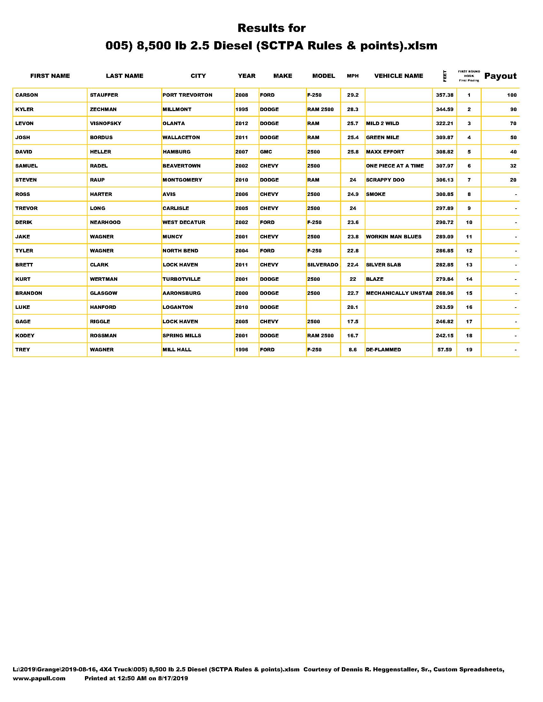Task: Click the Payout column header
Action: pyautogui.click(x=500, y=76)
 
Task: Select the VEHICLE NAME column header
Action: pyautogui.click(x=399, y=76)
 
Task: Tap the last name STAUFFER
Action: pyautogui.click(x=104, y=95)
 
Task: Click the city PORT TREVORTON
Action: pyautogui.click(x=187, y=95)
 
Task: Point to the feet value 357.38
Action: pyautogui.click(x=445, y=95)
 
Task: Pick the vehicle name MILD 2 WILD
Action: pyautogui.click(x=382, y=123)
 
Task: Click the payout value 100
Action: pyautogui.click(x=511, y=95)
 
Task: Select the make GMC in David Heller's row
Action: pyautogui.click(x=266, y=152)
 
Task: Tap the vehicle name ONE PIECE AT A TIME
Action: pyautogui.click(x=395, y=166)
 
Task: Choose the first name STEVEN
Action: pyautogui.click(x=26, y=180)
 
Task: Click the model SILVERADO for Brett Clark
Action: pyautogui.click(x=323, y=265)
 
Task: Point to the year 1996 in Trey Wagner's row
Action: pyautogui.click(x=241, y=350)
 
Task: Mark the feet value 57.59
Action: pyautogui.click(x=445, y=350)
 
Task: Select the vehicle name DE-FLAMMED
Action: pyautogui.click(x=383, y=350)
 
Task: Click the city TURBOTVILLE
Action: pyautogui.click(x=181, y=279)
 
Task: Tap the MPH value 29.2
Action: pyautogui.click(x=353, y=95)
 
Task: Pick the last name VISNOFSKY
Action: pyautogui.click(x=105, y=123)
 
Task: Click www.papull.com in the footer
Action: pyautogui.click(x=39, y=678)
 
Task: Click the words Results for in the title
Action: pyautogui.click(x=271, y=28)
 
